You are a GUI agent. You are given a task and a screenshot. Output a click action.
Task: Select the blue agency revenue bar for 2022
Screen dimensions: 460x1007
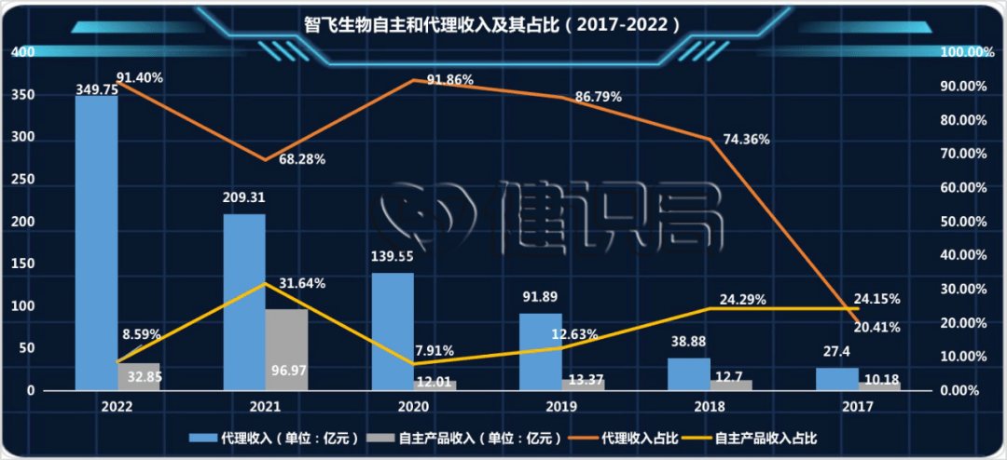[x=96, y=242]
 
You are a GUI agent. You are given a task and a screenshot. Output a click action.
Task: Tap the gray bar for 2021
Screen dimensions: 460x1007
[x=286, y=349]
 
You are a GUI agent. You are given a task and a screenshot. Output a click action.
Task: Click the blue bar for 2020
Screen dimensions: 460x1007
[x=393, y=331]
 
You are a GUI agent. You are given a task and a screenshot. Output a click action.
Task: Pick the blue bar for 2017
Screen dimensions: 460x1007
[x=836, y=379]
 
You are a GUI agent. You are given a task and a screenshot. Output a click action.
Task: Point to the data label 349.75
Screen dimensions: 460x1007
[x=96, y=90]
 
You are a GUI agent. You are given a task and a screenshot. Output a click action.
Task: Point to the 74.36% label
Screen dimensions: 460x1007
[x=743, y=140]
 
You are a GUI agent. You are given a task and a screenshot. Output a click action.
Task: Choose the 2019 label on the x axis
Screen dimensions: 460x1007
[x=561, y=407]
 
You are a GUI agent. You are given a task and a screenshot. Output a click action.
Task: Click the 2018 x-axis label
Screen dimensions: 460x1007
[x=710, y=407]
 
